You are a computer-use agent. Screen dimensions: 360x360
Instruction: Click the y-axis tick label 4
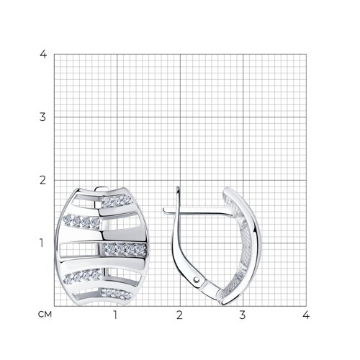click(43, 54)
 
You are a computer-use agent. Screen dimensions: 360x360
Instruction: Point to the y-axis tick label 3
click(42, 117)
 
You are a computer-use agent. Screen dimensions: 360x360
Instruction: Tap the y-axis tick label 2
click(42, 180)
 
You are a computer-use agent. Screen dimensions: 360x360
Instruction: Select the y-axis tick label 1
click(42, 243)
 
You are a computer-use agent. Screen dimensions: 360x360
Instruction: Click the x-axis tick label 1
click(116, 315)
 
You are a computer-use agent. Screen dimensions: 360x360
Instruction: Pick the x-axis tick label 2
click(179, 315)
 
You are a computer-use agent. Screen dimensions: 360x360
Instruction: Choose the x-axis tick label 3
click(243, 315)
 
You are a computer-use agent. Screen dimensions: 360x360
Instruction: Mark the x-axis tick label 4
click(306, 315)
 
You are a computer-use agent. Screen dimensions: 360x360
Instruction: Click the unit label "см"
click(45, 315)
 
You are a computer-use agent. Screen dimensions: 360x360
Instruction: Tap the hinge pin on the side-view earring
click(197, 279)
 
